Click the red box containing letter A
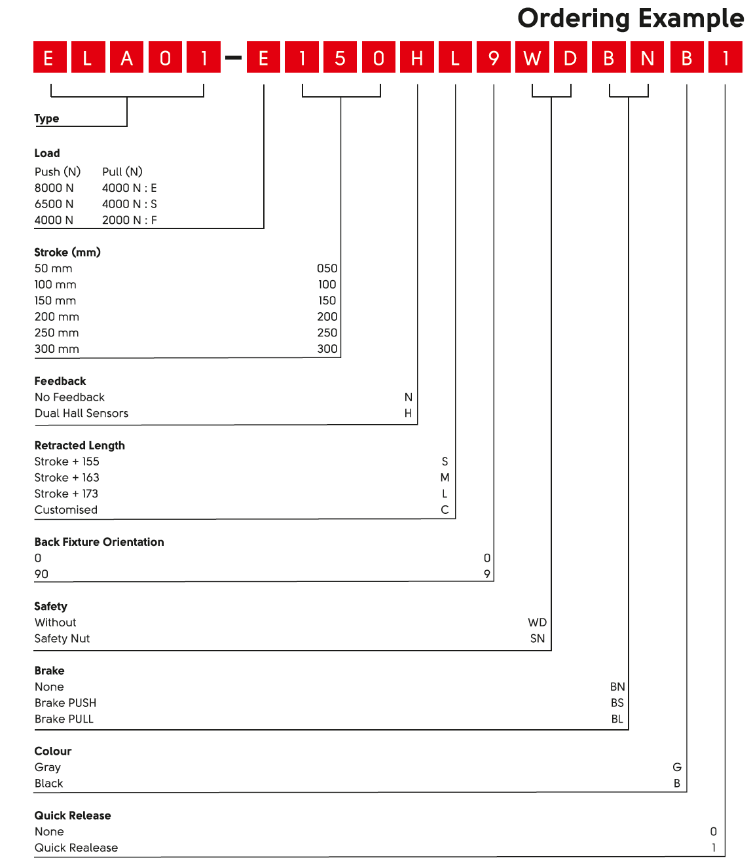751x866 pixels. click(126, 58)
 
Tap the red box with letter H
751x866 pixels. click(417, 58)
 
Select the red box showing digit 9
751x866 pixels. click(494, 58)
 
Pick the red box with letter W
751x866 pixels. click(532, 58)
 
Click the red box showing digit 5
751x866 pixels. click(340, 58)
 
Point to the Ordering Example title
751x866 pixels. click(630, 18)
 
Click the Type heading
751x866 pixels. click(46, 118)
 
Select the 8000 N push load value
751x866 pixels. click(54, 188)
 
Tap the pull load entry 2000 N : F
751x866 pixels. click(129, 220)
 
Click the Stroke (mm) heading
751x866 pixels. click(67, 252)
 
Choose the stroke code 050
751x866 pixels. click(327, 268)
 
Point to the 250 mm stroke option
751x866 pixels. click(57, 333)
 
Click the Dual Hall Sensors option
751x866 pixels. click(81, 413)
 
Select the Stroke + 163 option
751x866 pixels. click(67, 477)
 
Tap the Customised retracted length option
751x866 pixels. click(66, 509)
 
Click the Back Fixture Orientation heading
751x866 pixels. click(99, 542)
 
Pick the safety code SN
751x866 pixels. click(537, 638)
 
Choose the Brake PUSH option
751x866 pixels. click(65, 702)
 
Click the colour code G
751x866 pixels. click(676, 767)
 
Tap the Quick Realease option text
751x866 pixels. click(76, 848)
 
